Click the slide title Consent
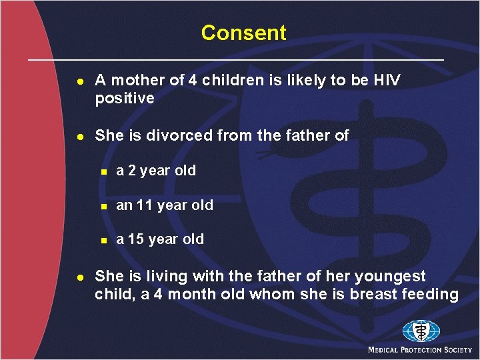click(243, 33)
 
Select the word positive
click(124, 99)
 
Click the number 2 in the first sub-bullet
click(131, 171)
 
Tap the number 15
click(136, 239)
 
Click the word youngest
click(395, 277)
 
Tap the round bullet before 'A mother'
click(79, 81)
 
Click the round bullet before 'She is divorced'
click(79, 136)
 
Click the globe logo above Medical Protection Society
click(421, 331)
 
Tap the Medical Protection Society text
click(420, 350)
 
